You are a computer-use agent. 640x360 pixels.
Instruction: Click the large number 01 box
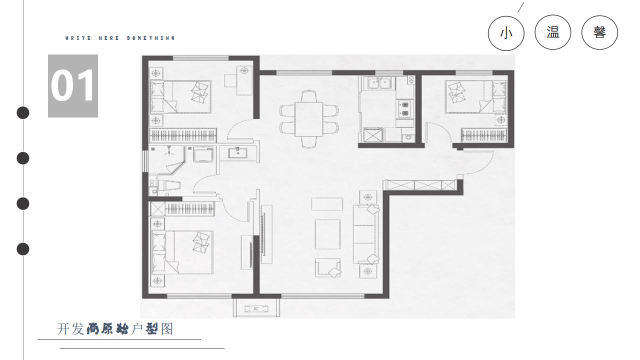[x=73, y=85]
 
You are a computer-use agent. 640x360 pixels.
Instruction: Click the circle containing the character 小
[x=506, y=33]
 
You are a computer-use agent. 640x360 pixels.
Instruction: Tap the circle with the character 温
[x=553, y=32]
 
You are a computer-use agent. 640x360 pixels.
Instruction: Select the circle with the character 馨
[x=599, y=32]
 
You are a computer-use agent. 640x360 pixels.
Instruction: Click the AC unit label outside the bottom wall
[x=256, y=309]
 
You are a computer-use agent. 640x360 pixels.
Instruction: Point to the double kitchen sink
[x=379, y=83]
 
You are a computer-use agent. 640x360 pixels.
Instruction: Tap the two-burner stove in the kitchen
[x=405, y=109]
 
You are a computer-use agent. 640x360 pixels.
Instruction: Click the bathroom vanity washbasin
[x=237, y=152]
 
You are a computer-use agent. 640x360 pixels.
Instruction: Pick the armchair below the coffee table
[x=327, y=267]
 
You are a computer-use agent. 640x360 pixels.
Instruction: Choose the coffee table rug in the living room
[x=327, y=234]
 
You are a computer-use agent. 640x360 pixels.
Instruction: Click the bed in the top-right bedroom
[x=476, y=96]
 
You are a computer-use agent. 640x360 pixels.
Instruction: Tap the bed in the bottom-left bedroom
[x=181, y=252]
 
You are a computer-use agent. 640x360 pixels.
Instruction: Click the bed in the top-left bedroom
[x=180, y=96]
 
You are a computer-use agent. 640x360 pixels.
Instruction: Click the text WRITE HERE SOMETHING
[x=120, y=38]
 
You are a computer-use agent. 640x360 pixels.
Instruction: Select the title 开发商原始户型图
[x=115, y=329]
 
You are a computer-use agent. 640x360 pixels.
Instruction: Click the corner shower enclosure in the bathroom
[x=167, y=159]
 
